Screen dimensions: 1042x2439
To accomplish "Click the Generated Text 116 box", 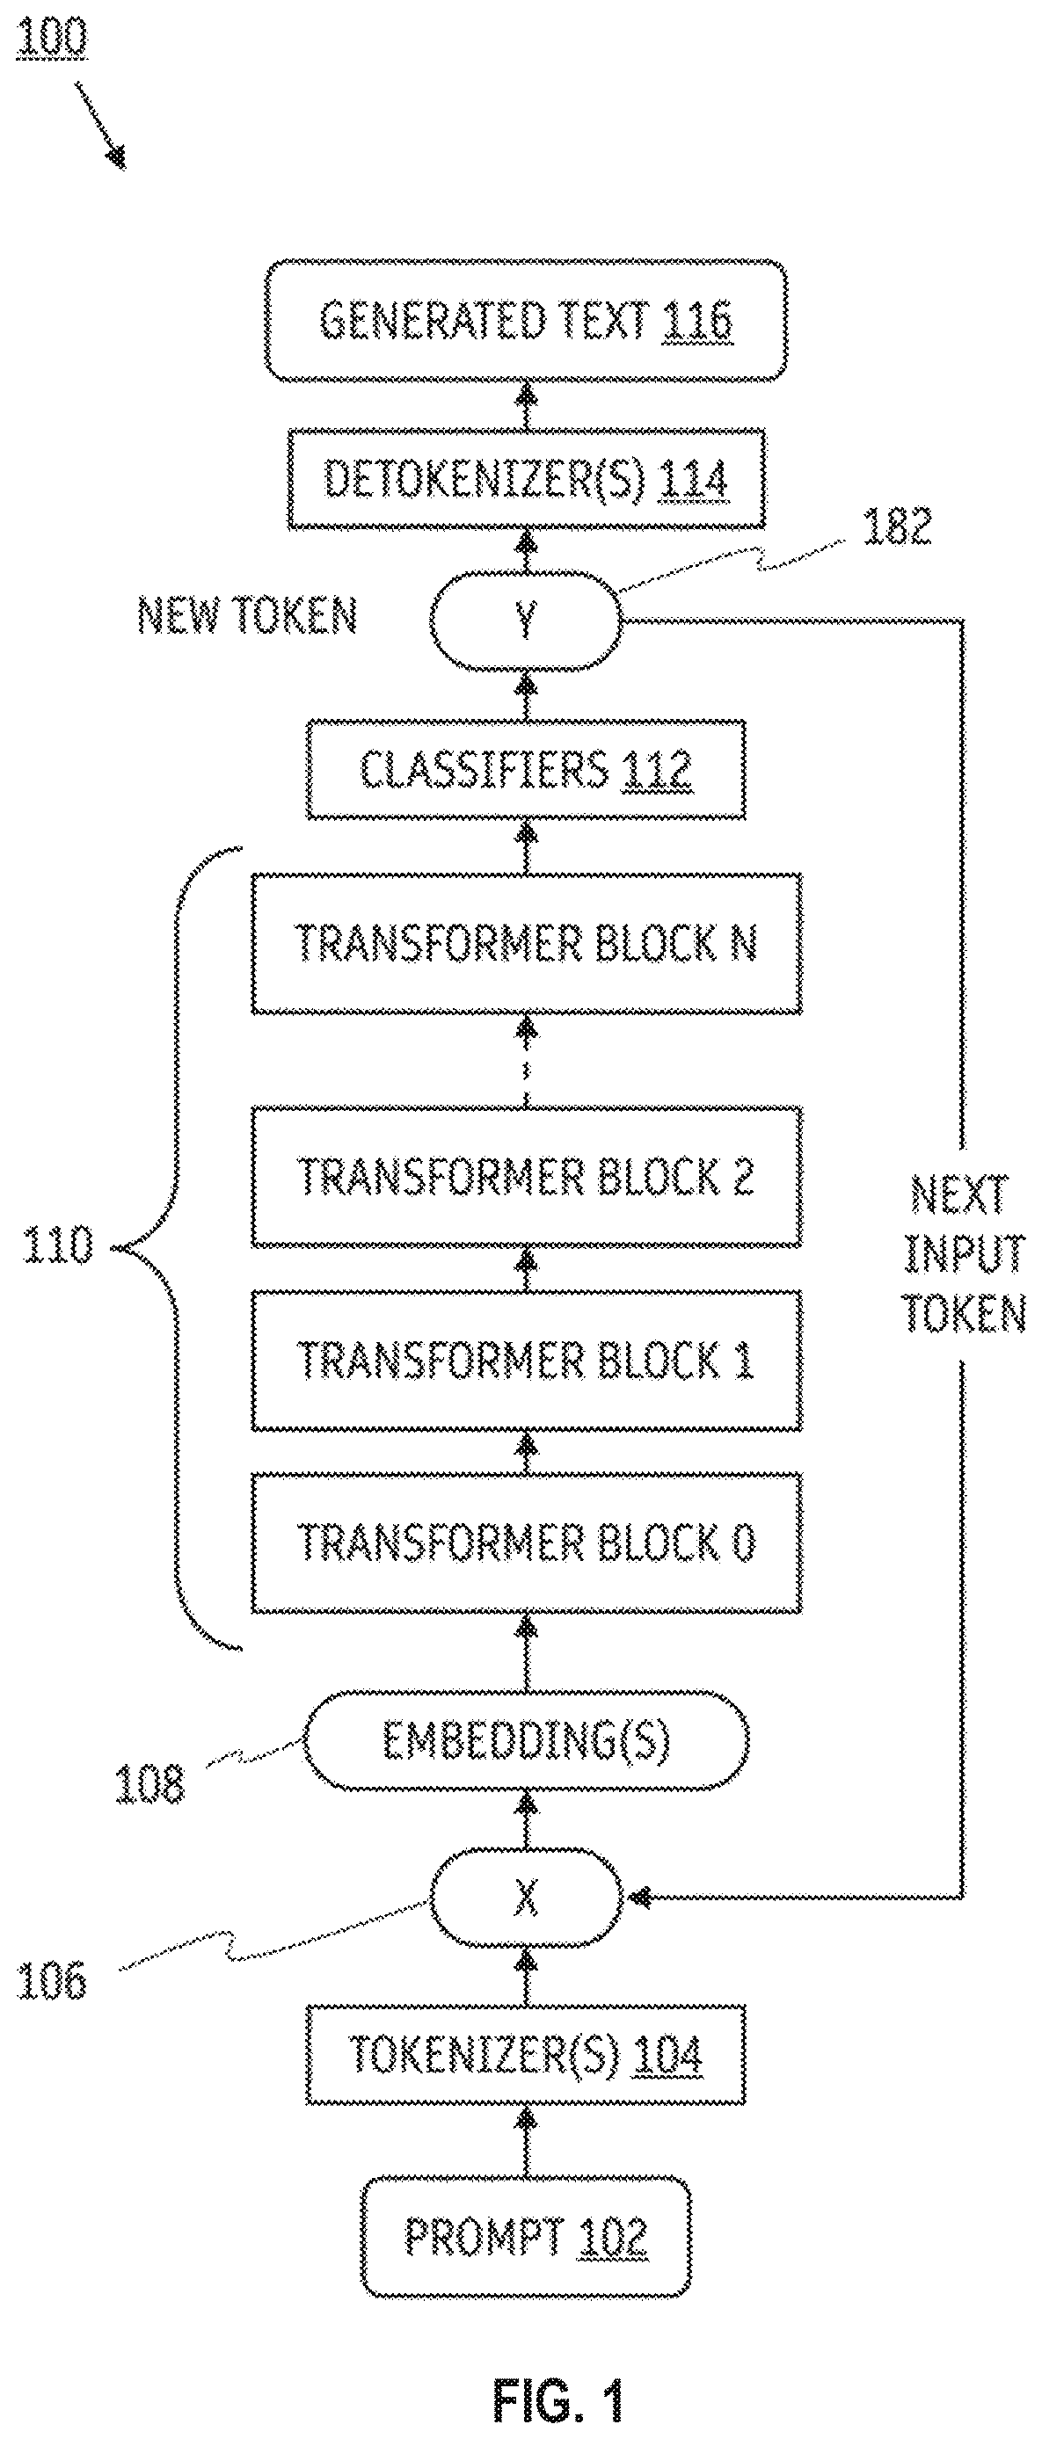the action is coord(526,320).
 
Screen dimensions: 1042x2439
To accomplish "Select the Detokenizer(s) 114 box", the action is coord(526,478).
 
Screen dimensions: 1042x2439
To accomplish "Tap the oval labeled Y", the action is coord(526,621).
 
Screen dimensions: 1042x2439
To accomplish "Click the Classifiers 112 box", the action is coord(526,769).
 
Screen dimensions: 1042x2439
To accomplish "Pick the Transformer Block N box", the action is coord(526,943).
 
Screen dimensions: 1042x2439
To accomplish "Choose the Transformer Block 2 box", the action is coord(526,1176).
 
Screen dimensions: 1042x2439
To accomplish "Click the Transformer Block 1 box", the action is coord(526,1360).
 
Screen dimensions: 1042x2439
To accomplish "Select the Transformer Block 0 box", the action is coord(526,1543).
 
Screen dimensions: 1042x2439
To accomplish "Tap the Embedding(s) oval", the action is coord(526,1740).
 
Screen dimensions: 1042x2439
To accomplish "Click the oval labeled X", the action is coord(526,1897).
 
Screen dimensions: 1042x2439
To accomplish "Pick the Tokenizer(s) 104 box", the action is coord(526,2055).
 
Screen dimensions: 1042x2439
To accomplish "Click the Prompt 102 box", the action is coord(526,2236).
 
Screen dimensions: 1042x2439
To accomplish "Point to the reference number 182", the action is coord(896,526).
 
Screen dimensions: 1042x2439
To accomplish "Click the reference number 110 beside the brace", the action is coord(59,1245).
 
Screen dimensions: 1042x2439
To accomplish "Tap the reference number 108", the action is coord(149,1784).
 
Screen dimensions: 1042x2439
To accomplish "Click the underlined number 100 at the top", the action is coord(51,39).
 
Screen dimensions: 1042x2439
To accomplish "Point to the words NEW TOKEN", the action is coord(247,615).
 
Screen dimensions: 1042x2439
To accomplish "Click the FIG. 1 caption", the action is coord(558,2394).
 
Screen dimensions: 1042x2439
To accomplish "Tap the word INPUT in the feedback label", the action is coord(965,1253).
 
